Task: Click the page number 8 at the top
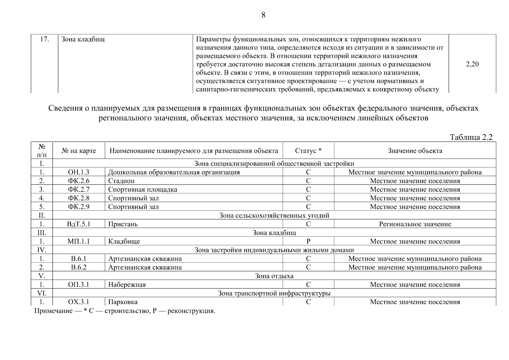(263, 15)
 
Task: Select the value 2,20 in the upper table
(472, 64)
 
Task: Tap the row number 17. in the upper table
(44, 39)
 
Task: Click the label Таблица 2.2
(471, 137)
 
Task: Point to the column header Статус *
(308, 151)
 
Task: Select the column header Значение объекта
(415, 151)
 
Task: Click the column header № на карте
(79, 151)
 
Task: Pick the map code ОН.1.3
(79, 172)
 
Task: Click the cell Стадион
(121, 181)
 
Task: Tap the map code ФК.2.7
(79, 190)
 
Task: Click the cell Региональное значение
(415, 224)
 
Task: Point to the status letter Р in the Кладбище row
(308, 241)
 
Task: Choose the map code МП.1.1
(79, 241)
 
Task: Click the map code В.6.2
(79, 267)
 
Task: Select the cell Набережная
(127, 285)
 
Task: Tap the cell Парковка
(123, 302)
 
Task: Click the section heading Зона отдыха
(274, 276)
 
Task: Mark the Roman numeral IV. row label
(42, 250)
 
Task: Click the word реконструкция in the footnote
(191, 311)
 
